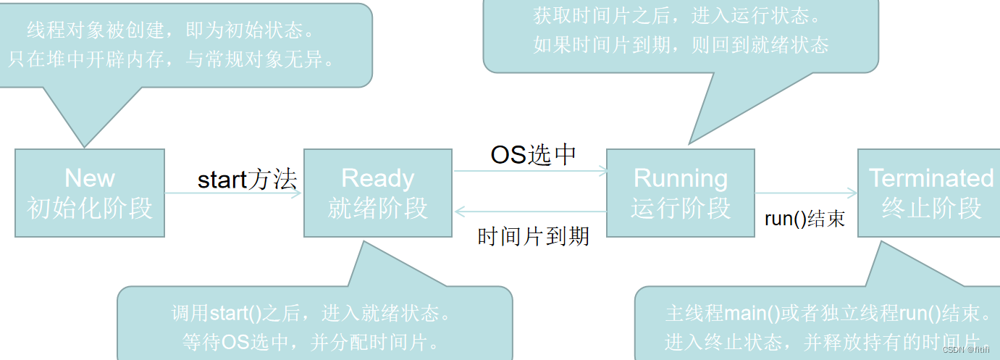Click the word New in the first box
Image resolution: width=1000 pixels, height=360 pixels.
point(90,178)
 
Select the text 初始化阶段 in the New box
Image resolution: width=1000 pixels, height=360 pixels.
point(90,208)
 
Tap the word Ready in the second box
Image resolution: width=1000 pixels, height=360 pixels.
point(378,178)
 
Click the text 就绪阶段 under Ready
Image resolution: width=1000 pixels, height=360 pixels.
point(378,208)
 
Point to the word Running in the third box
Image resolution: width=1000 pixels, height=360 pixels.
point(681,178)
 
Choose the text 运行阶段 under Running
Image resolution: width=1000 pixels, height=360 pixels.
point(681,208)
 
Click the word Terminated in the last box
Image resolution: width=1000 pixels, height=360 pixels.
point(931,178)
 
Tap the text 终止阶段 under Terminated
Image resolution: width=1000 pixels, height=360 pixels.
point(931,208)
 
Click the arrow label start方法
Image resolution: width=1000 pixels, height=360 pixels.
point(247,180)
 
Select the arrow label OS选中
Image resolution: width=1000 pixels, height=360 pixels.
point(534,154)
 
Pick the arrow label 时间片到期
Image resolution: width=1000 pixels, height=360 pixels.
point(534,236)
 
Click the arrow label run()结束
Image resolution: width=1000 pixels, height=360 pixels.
point(804,219)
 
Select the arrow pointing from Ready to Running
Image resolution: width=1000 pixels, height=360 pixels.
point(530,172)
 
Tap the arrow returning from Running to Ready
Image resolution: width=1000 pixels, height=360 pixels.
point(530,212)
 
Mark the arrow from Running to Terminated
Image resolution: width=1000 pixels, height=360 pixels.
point(806,193)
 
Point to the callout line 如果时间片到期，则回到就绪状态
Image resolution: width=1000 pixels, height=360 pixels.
point(681,45)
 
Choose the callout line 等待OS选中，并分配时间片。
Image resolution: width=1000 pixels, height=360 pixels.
point(316,341)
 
